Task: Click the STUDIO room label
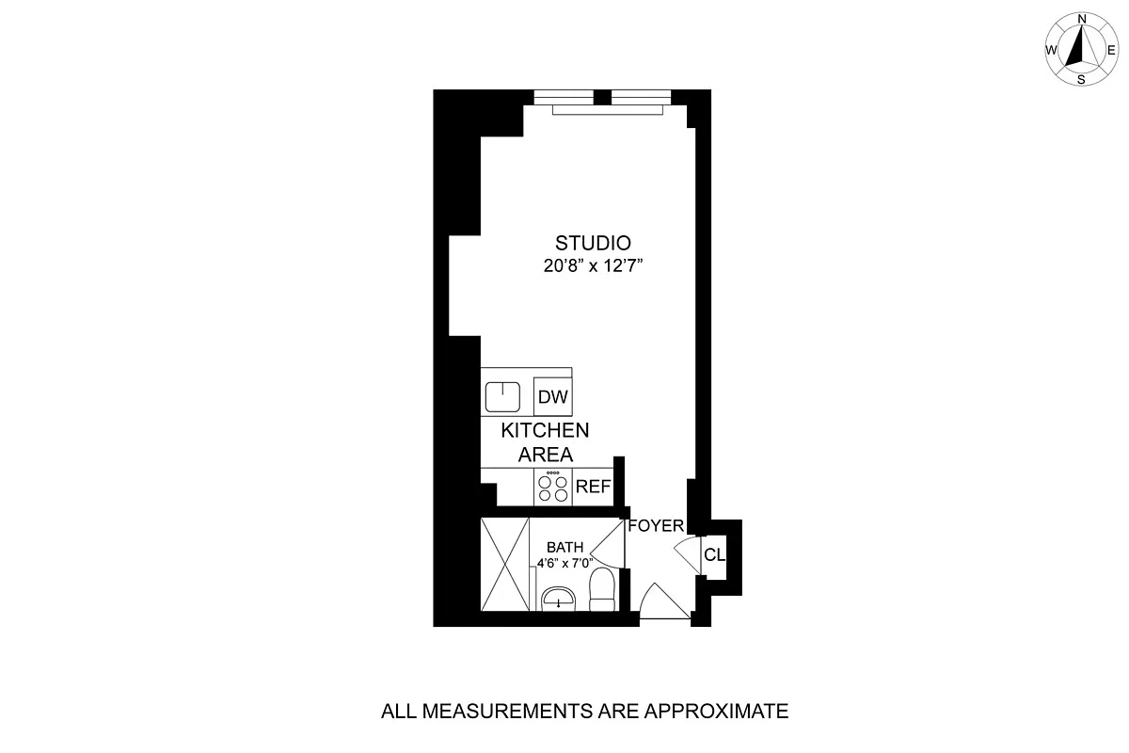(x=592, y=243)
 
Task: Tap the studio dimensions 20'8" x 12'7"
(x=592, y=266)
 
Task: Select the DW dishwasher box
(x=553, y=397)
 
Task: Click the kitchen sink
(x=502, y=396)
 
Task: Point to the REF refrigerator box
(x=593, y=487)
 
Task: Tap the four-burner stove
(x=553, y=487)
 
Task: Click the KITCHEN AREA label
(x=546, y=442)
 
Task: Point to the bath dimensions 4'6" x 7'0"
(x=571, y=564)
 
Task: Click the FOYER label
(x=655, y=526)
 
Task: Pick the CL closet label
(x=715, y=554)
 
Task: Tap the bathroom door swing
(x=616, y=546)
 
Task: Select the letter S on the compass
(x=1082, y=80)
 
